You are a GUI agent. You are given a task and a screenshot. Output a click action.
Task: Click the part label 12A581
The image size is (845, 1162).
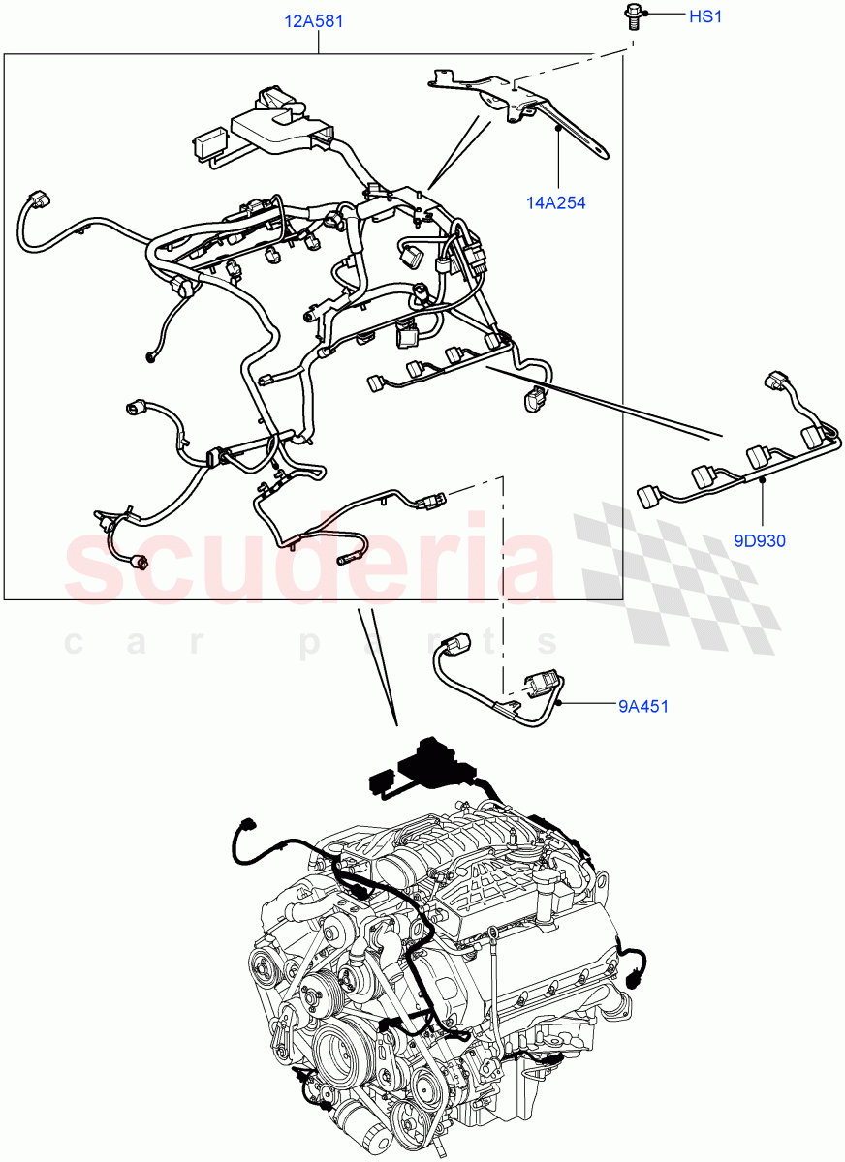click(x=314, y=20)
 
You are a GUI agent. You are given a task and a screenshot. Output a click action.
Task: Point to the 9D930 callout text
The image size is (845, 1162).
click(x=759, y=541)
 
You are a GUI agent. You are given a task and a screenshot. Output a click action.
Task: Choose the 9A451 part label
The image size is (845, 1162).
click(x=643, y=706)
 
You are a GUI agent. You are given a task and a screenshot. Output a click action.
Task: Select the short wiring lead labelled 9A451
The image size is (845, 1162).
click(x=494, y=678)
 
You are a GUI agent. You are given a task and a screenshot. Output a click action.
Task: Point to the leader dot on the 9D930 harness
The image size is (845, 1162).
click(x=763, y=479)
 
